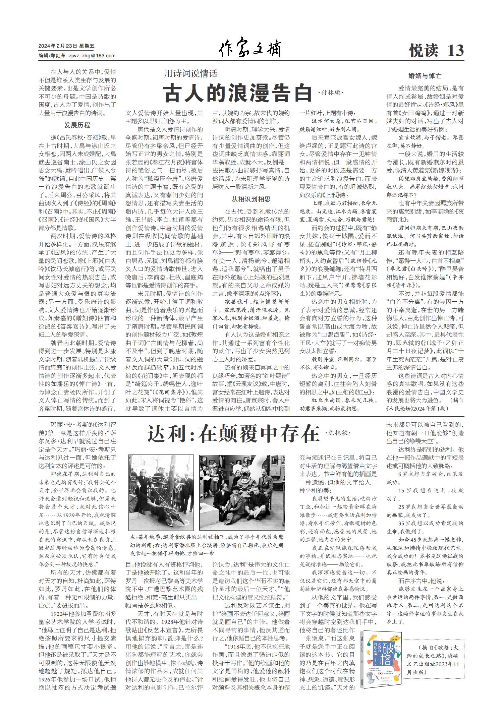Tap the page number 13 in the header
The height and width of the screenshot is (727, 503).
[x=455, y=51]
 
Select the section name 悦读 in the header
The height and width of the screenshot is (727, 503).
[x=424, y=51]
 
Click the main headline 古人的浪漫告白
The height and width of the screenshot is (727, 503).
[x=237, y=93]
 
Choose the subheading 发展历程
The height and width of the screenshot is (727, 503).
[x=77, y=125]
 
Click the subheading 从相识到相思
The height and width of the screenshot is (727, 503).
[x=250, y=199]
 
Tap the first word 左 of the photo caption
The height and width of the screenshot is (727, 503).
[x=133, y=537]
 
